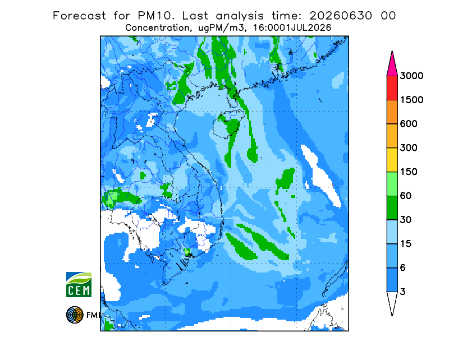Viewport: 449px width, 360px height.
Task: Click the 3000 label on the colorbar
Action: pos(411,76)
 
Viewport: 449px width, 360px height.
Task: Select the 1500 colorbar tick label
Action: pos(411,100)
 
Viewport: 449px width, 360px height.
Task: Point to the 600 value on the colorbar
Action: pos(409,124)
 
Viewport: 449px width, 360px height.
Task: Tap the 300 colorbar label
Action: pos(409,148)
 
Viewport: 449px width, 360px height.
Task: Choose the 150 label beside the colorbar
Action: pos(409,172)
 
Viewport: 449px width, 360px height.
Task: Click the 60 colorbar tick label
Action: pos(406,196)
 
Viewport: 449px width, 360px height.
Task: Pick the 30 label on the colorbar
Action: pos(406,220)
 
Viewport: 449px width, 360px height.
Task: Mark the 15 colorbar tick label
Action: pos(406,244)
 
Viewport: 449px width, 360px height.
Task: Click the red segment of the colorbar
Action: pos(392,88)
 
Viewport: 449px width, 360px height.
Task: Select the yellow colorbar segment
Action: pos(392,160)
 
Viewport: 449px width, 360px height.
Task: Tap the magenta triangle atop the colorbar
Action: pos(392,65)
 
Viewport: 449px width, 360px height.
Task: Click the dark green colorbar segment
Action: pos(392,208)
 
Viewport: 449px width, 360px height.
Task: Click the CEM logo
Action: pos(79,284)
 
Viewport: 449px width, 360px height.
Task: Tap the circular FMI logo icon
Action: pos(75,315)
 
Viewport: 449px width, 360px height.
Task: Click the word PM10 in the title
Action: pos(155,16)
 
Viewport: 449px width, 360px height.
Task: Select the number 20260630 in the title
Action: pos(341,16)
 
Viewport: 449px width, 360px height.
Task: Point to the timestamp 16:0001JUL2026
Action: pos(292,28)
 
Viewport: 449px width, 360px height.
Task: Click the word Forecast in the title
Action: pos(79,16)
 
